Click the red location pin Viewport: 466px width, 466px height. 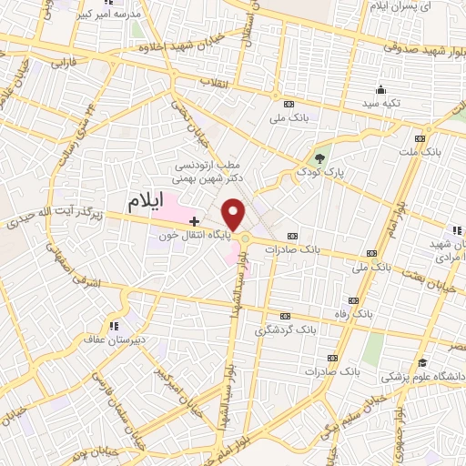(x=234, y=214)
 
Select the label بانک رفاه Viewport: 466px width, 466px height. (x=354, y=314)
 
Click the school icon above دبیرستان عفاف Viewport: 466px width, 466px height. (x=113, y=324)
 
